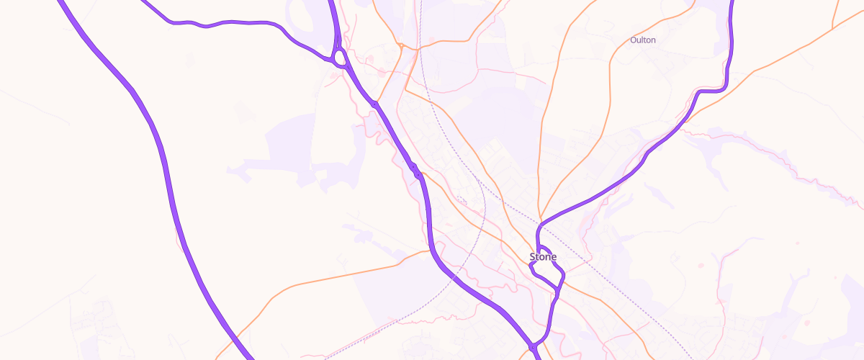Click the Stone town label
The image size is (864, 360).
point(543,257)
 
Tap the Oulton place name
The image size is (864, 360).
point(643,40)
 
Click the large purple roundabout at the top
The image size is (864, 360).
point(339,56)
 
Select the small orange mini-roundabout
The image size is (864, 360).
point(400,48)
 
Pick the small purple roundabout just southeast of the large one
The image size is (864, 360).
point(375,105)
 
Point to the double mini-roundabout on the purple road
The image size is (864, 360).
point(415,171)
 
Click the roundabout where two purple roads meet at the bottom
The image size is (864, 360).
point(533,347)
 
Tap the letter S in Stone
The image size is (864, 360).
point(533,257)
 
